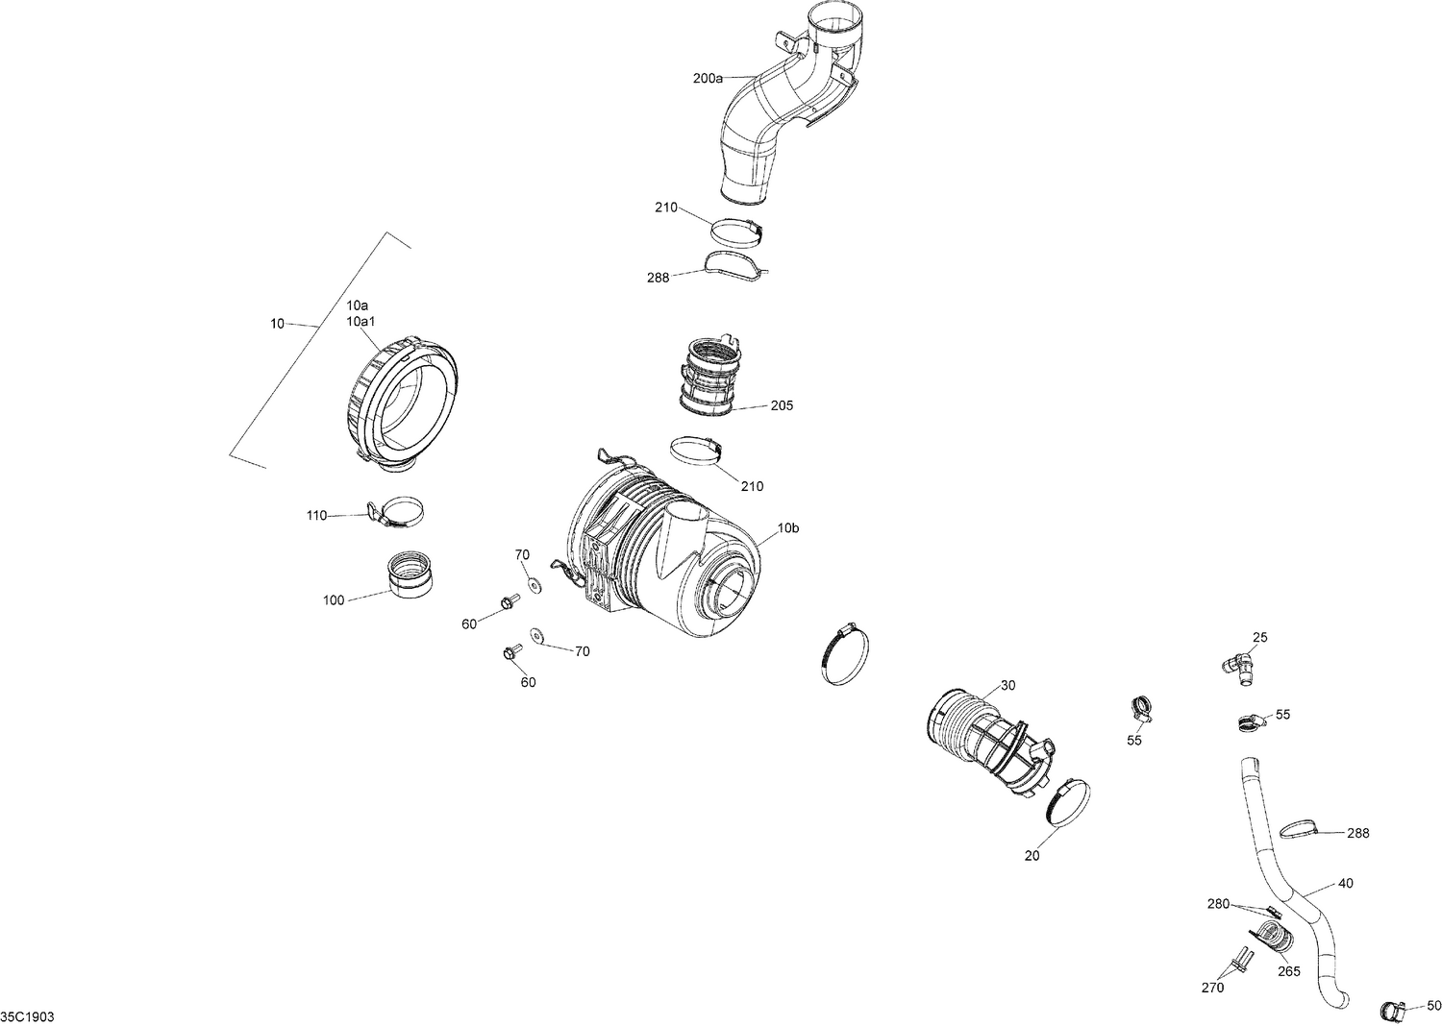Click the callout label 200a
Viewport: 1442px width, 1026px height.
click(707, 79)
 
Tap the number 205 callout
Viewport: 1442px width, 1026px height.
click(782, 406)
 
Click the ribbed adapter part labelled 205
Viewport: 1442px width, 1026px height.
click(711, 378)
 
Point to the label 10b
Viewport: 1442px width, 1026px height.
click(787, 527)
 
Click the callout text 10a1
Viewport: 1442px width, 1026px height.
click(360, 321)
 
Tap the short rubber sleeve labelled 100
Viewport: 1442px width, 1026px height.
click(410, 574)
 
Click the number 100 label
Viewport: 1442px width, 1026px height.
click(333, 601)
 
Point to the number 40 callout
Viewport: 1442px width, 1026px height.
click(1345, 884)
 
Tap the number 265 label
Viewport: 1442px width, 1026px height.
click(1288, 971)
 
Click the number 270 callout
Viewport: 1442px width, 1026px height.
click(1212, 988)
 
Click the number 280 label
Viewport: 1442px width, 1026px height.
click(1218, 904)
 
